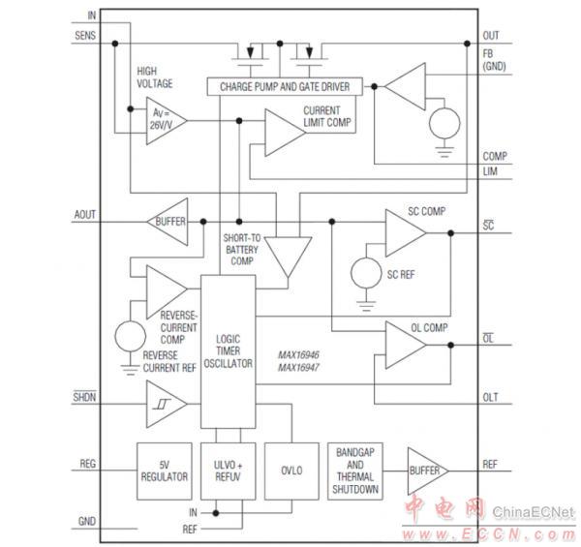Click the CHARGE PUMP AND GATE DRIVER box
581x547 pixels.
279,87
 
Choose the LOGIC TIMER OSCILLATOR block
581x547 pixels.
228,350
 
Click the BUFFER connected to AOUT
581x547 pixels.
168,222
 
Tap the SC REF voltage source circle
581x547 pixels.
366,274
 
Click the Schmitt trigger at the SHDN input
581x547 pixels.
166,402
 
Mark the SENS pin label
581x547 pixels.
85,36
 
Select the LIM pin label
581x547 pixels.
490,170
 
